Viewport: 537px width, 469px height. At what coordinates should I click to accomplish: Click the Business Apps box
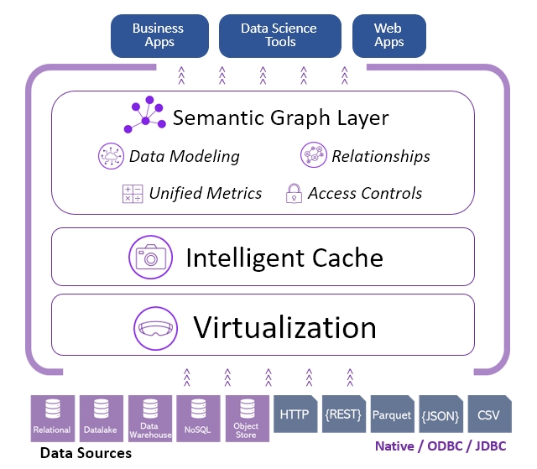[x=158, y=35]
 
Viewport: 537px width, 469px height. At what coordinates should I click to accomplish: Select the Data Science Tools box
[x=280, y=35]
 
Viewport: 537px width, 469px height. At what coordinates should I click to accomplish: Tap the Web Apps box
[x=388, y=35]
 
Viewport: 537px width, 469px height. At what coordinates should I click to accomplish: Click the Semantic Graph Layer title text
[x=280, y=117]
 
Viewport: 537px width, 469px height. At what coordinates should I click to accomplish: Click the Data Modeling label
[x=184, y=156]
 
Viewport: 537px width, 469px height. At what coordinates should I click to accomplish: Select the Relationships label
[x=380, y=156]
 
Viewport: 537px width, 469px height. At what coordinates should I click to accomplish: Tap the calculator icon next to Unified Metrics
[x=133, y=194]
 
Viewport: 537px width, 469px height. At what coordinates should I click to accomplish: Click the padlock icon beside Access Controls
[x=294, y=194]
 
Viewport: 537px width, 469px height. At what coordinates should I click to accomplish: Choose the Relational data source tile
[x=52, y=417]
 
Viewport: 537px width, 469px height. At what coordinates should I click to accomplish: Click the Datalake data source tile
[x=101, y=417]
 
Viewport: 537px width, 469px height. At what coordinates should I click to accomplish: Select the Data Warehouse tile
[x=149, y=417]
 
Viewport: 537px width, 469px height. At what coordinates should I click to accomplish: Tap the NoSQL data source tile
[x=198, y=417]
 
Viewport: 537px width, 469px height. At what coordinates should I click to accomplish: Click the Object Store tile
[x=247, y=417]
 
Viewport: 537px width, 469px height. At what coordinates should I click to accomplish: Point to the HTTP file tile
[x=295, y=414]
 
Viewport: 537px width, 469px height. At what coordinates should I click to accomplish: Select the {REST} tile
[x=343, y=414]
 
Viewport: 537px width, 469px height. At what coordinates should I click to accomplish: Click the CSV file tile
[x=488, y=414]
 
